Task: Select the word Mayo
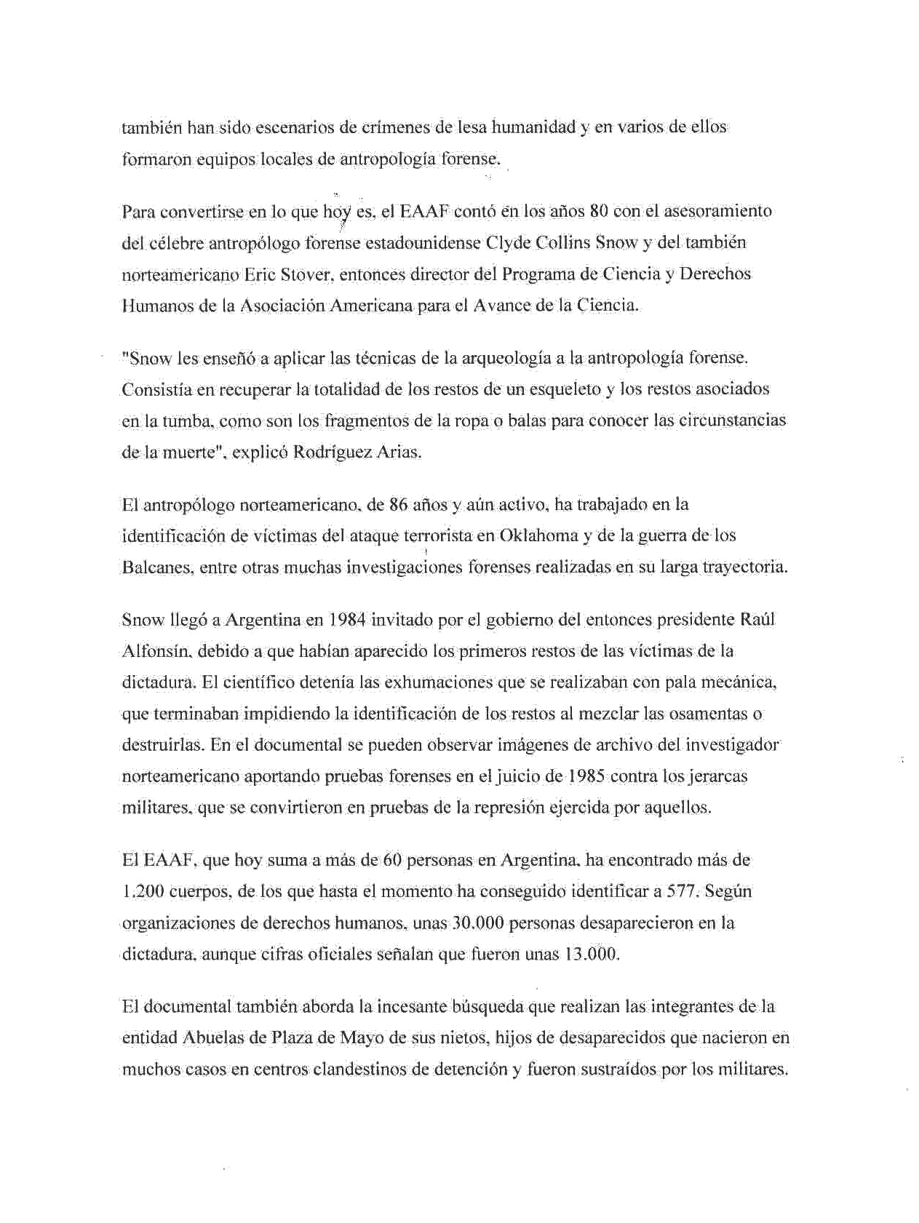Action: [361, 1038]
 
